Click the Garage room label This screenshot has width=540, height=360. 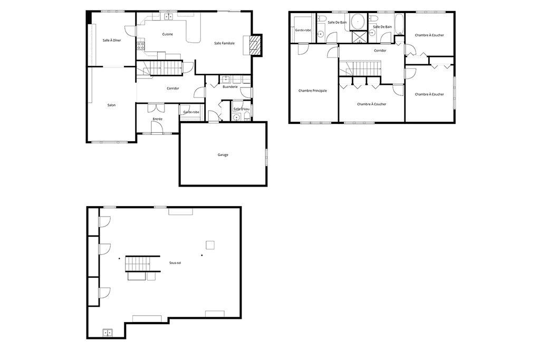coord(223,154)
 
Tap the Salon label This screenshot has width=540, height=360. coord(111,105)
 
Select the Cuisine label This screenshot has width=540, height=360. coord(168,34)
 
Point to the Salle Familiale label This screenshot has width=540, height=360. coord(224,43)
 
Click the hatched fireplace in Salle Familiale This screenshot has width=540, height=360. coord(255,45)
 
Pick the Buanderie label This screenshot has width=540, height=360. coord(230,87)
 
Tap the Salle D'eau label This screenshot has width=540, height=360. coord(241,109)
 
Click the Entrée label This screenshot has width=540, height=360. coord(157,119)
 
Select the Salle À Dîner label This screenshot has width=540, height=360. coord(112,40)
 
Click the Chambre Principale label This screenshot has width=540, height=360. coord(312,91)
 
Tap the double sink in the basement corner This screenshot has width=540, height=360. coord(108,332)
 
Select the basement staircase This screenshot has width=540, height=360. coord(138,262)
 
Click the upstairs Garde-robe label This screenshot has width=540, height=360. coord(302,31)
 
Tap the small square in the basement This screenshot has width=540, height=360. coord(210,245)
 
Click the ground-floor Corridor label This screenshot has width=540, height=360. coord(172,88)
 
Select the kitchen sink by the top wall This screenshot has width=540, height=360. coord(169,17)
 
